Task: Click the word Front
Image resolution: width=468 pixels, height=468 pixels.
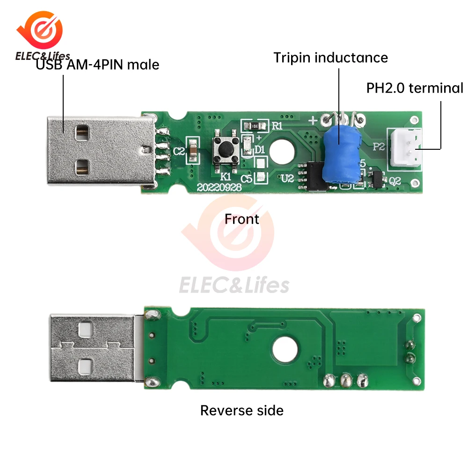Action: [x=241, y=219]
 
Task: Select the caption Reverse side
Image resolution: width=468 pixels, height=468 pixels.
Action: [x=241, y=410]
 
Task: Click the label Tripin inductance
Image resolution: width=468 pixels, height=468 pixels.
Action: [x=330, y=58]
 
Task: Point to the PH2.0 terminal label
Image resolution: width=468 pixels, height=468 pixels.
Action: [x=415, y=88]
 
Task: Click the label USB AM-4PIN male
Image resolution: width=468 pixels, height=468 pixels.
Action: [x=98, y=64]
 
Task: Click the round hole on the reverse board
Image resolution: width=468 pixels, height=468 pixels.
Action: [x=285, y=349]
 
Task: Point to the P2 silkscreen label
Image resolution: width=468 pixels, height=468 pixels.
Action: [x=379, y=146]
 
